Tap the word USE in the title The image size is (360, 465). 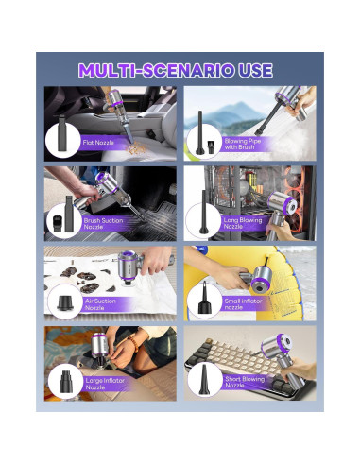tap(256, 70)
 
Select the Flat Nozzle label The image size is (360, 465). tap(98, 143)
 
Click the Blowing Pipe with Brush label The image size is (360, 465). tap(243, 144)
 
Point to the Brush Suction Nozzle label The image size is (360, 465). tap(103, 224)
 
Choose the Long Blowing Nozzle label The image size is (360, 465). tap(243, 223)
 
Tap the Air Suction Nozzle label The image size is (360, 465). tap(100, 304)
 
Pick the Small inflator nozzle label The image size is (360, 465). tap(243, 304)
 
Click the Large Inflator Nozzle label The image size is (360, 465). tap(105, 384)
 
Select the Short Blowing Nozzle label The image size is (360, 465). tap(245, 382)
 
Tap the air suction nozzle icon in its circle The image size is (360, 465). tap(65, 302)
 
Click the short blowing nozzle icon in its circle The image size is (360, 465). tap(204, 380)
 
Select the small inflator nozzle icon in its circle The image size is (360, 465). tap(204, 298)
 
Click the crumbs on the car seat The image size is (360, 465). tap(136, 147)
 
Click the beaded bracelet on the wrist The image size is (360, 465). tap(133, 344)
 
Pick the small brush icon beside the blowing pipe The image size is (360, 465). tap(210, 147)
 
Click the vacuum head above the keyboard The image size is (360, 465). tap(276, 345)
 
